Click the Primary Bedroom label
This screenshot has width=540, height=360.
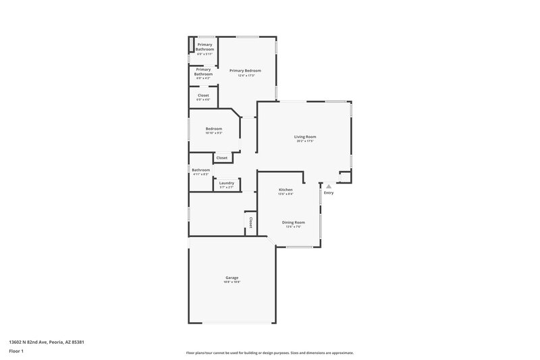tap(245, 70)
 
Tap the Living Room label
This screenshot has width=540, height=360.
tap(305, 136)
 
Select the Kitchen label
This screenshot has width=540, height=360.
tap(286, 190)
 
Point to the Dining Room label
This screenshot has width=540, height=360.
tap(293, 222)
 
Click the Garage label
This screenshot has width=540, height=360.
tap(232, 278)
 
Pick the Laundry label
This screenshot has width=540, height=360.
tap(227, 182)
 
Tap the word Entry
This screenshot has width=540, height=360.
tap(329, 193)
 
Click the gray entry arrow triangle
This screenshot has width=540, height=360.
tap(329, 186)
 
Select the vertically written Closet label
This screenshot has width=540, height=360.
tap(250, 222)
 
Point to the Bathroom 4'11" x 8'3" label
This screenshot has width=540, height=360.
tap(200, 170)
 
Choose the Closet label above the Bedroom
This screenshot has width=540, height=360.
tap(203, 95)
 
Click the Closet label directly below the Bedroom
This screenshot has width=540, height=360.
tap(221, 157)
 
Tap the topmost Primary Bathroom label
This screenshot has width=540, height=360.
tap(205, 47)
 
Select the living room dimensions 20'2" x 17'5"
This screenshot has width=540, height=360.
tap(305, 141)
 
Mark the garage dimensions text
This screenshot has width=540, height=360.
tap(232, 282)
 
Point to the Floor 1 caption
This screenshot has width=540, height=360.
tap(16, 351)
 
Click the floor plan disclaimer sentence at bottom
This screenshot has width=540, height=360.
tap(269, 353)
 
